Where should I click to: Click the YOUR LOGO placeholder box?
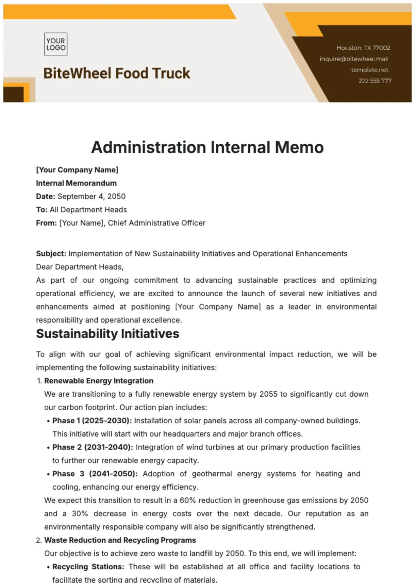(x=56, y=44)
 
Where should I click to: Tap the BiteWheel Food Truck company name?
(x=117, y=74)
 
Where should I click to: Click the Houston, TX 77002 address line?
(x=363, y=48)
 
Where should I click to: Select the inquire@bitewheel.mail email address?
(x=354, y=59)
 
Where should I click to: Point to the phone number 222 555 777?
(x=375, y=81)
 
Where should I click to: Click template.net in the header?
(x=369, y=70)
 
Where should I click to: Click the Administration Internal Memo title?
(x=207, y=147)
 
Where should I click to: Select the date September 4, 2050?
(x=91, y=196)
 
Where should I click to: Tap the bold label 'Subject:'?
(x=51, y=254)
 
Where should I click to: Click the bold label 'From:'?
(x=46, y=223)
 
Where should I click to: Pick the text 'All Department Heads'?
(x=88, y=210)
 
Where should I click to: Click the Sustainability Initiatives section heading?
(x=107, y=334)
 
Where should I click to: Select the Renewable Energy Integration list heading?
(x=99, y=381)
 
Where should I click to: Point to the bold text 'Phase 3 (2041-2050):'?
(x=95, y=474)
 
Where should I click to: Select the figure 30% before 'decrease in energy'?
(x=80, y=513)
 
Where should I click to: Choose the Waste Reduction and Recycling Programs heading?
(x=120, y=540)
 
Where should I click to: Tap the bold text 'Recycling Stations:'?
(x=88, y=567)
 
